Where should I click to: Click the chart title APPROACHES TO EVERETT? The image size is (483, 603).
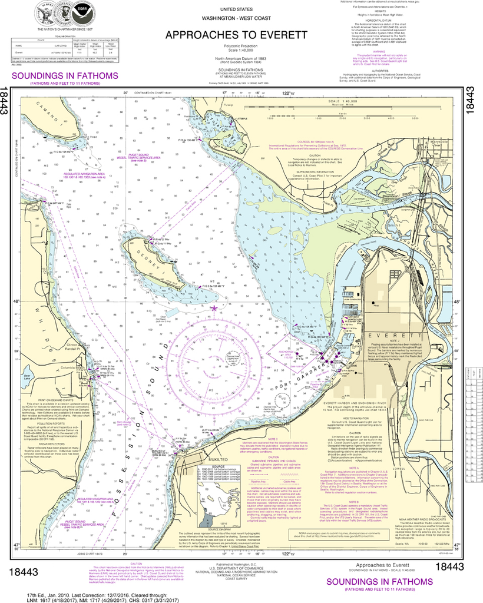pos(236,35)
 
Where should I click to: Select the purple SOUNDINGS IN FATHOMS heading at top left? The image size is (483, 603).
pos(61,76)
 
